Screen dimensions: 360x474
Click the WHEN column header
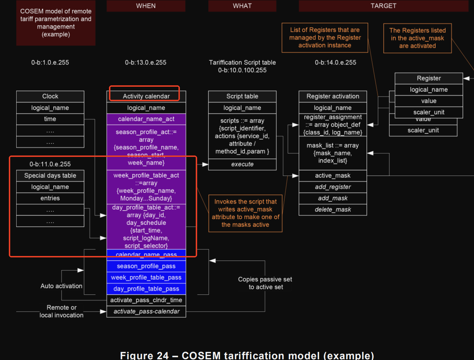coord(146,6)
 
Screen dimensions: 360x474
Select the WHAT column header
coord(242,6)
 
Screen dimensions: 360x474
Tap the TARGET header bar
coord(383,6)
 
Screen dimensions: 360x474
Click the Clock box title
coord(50,96)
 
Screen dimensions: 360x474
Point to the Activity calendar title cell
coord(146,96)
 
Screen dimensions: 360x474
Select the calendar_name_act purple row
coord(146,119)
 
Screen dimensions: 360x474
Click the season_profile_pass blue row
coord(146,266)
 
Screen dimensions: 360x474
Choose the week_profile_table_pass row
coord(146,277)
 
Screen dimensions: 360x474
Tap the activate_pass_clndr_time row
coord(146,300)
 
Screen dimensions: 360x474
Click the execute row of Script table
coord(242,164)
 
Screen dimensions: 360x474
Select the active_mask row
coord(333,176)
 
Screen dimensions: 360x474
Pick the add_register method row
coord(333,187)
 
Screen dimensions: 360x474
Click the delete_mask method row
coord(333,209)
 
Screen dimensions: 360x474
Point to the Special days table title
coord(50,176)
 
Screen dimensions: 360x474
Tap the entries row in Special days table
coord(50,198)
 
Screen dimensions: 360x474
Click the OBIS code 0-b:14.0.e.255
coord(335,62)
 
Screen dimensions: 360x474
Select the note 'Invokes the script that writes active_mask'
coord(245,213)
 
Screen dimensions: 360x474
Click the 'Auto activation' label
coord(61,286)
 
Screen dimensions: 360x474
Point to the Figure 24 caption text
coord(247,355)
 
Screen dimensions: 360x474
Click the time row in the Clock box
coord(50,119)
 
